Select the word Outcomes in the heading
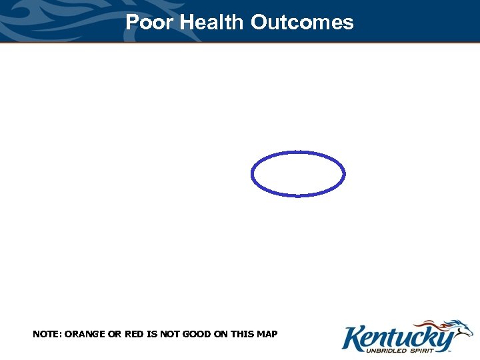[x=302, y=22]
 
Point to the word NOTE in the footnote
[x=45, y=333]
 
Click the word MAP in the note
[x=267, y=333]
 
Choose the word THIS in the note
[x=239, y=333]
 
